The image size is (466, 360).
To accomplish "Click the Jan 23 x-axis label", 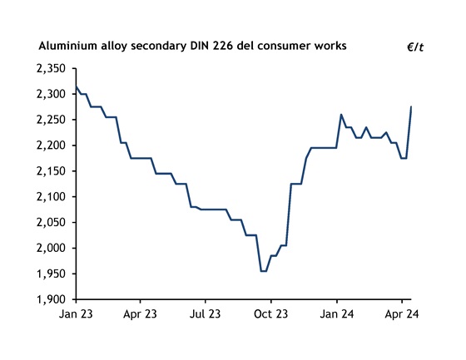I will click(75, 315).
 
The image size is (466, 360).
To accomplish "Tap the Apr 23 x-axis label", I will click(140, 315).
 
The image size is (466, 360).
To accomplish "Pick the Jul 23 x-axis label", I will click(206, 315).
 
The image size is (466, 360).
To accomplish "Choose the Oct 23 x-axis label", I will click(271, 315).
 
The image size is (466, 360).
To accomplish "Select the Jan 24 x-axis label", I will click(337, 315).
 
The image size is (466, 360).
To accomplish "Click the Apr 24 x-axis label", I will click(402, 315).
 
